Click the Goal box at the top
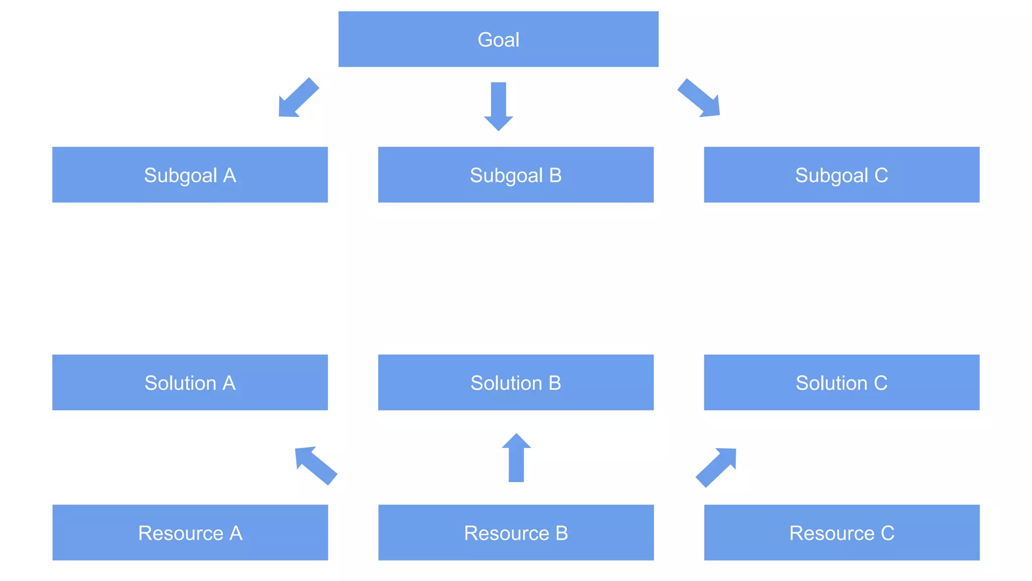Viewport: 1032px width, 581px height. pos(498,39)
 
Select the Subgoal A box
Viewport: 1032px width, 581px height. pos(190,175)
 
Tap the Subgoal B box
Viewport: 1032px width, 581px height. pos(515,175)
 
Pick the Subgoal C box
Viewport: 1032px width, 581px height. pos(842,175)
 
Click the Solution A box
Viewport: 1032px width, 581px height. pos(190,383)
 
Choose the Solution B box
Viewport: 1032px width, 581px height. pos(515,383)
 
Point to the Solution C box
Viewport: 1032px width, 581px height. pos(842,383)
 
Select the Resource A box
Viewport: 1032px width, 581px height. pos(190,533)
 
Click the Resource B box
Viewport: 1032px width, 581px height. pos(515,533)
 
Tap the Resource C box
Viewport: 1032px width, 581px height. pos(842,533)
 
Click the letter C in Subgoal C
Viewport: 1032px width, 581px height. pos(881,176)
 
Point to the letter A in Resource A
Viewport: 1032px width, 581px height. pos(236,533)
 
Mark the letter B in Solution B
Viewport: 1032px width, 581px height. pos(554,383)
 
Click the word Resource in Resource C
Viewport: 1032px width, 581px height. pos(832,533)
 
